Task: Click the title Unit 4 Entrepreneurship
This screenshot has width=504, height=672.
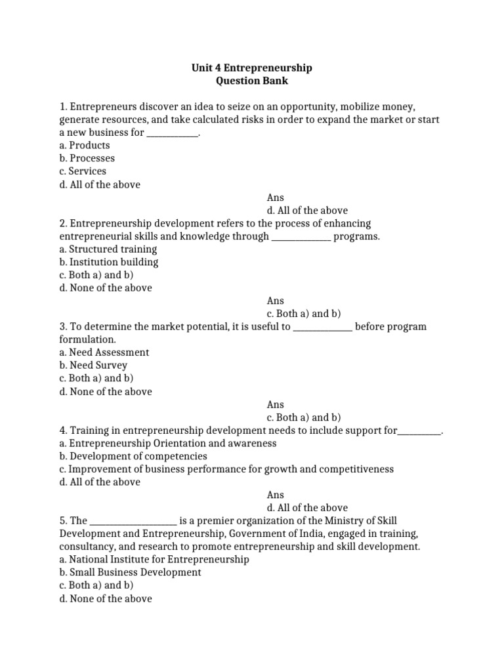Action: [251, 68]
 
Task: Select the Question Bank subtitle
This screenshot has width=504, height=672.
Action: [251, 81]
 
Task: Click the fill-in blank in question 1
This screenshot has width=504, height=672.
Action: [171, 133]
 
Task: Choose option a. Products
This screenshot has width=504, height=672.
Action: [84, 145]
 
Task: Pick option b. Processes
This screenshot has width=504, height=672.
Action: [87, 158]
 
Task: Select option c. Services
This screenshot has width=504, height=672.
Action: [82, 171]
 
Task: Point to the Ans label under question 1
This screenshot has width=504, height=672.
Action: [276, 198]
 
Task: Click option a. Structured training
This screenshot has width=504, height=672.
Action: [108, 249]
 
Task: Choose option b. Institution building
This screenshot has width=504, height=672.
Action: [109, 262]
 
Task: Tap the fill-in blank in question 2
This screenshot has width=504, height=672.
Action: [301, 237]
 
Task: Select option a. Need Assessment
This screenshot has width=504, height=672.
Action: [104, 352]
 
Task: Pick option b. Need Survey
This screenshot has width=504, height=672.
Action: [93, 366]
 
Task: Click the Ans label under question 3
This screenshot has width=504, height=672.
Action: [276, 405]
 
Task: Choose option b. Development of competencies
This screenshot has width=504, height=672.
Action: [133, 456]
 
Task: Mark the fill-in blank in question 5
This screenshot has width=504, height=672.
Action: [133, 521]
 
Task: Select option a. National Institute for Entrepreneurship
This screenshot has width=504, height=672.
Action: [154, 560]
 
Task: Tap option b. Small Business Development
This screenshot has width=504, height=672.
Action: [130, 572]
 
